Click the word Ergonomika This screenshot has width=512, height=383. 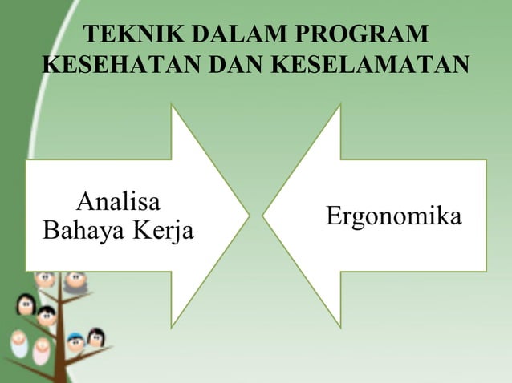[393, 216]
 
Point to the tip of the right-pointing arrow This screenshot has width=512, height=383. [248, 216]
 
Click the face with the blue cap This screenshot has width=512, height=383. [75, 342]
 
